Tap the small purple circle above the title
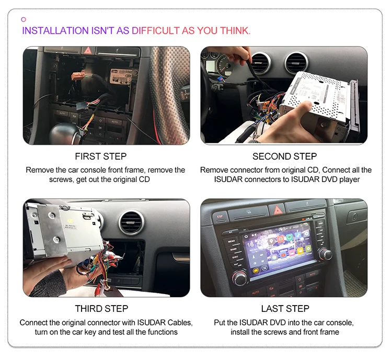click(x=24, y=19)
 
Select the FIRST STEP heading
click(x=101, y=156)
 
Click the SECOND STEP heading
click(x=284, y=156)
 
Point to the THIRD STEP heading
click(x=101, y=308)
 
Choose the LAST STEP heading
click(x=285, y=308)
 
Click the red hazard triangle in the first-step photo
click(x=88, y=51)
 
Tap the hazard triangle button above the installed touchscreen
click(x=276, y=210)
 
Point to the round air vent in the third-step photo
click(x=131, y=222)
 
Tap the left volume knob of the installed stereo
click(x=240, y=278)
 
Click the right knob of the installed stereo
click(x=326, y=254)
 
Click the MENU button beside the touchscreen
click(x=230, y=241)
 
